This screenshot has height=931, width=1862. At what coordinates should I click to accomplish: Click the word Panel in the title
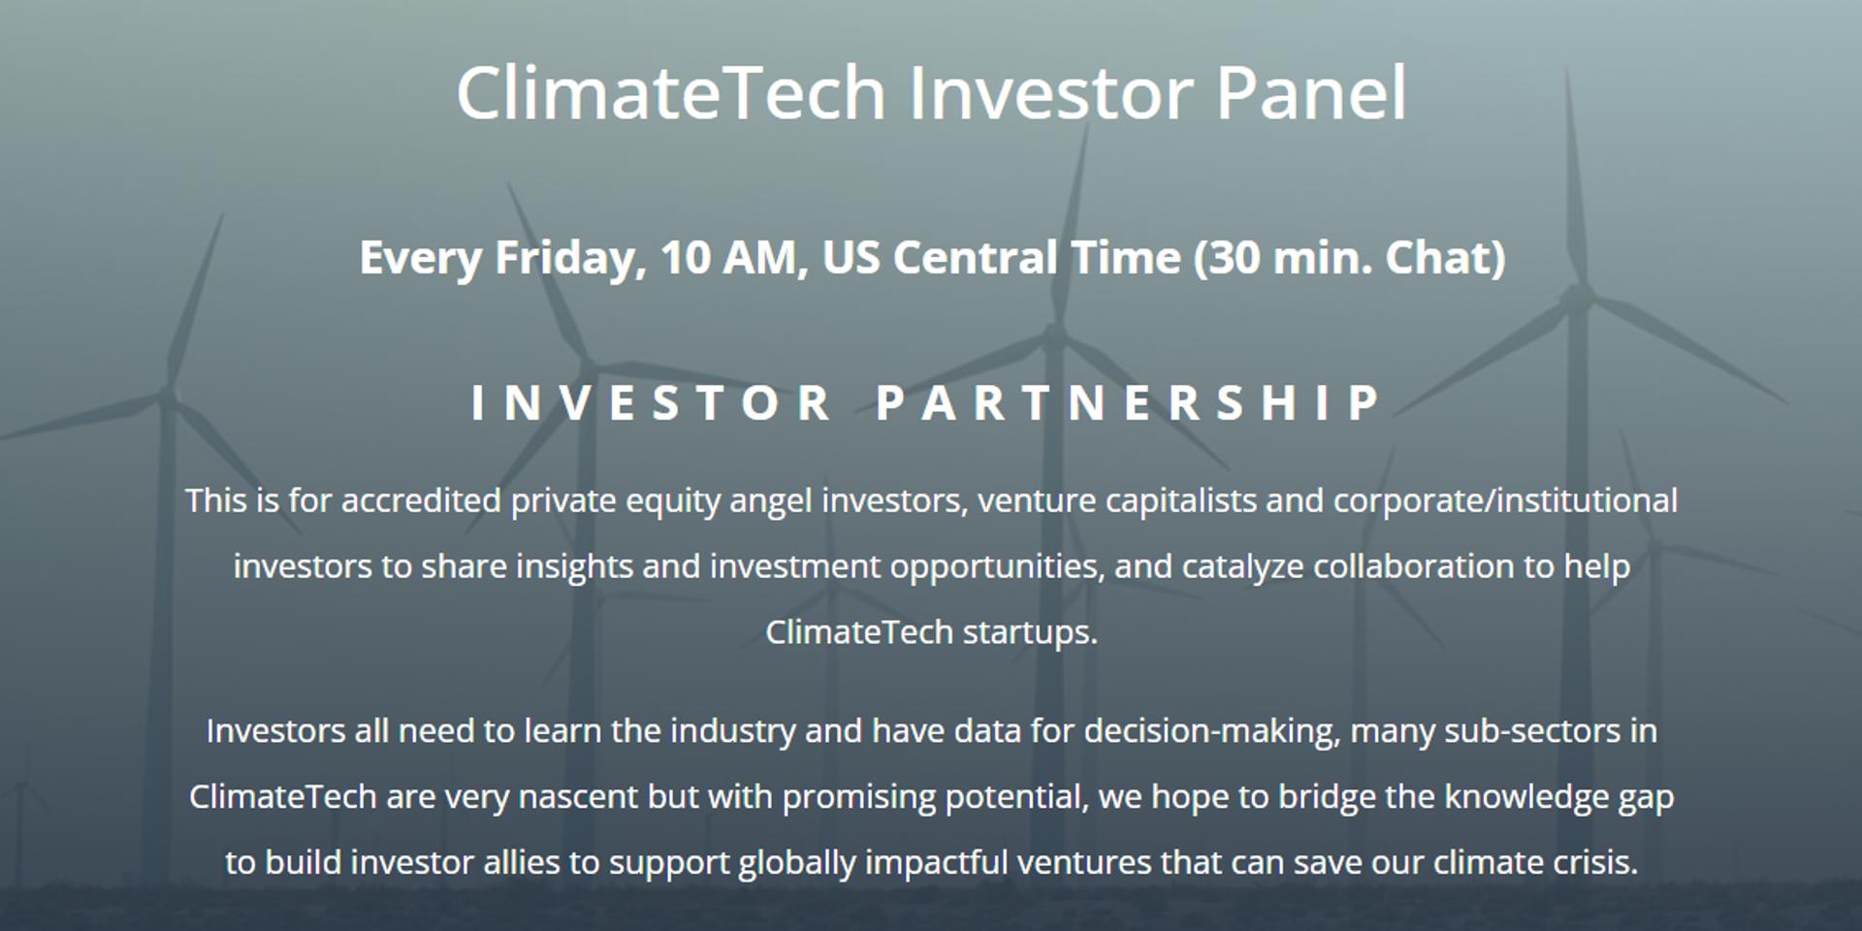(1310, 93)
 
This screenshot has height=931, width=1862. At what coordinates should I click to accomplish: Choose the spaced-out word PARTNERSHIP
(1131, 402)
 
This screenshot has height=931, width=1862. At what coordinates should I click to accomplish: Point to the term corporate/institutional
(1505, 501)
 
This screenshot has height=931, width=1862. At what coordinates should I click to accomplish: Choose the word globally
(797, 863)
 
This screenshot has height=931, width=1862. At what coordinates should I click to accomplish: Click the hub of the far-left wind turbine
(168, 393)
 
